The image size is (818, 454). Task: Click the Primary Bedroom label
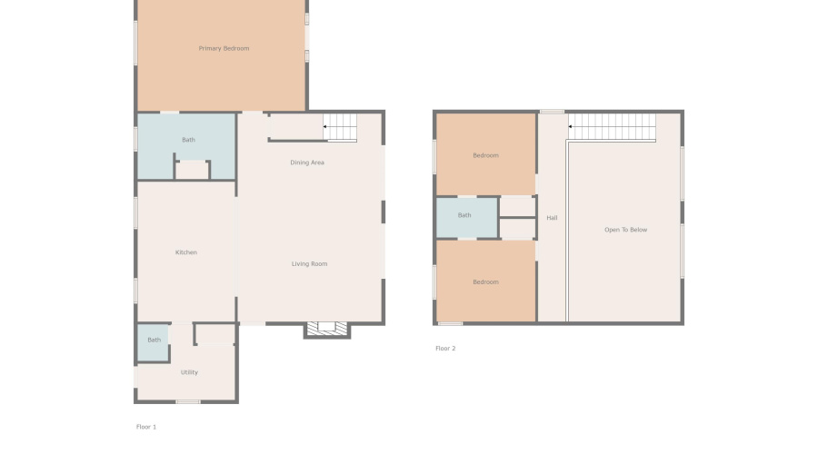click(x=224, y=48)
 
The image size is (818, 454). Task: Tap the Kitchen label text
click(x=185, y=252)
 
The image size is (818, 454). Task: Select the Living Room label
click(x=309, y=264)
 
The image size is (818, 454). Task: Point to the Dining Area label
click(x=307, y=163)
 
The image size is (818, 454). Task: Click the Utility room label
click(x=189, y=372)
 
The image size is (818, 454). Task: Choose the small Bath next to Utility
click(x=154, y=340)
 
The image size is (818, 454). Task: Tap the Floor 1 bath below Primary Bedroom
click(x=188, y=140)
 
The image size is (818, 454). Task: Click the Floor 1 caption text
click(x=146, y=427)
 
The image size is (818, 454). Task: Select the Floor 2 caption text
click(x=445, y=349)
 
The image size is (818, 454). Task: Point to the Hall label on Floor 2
click(x=552, y=218)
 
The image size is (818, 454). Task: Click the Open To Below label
click(x=625, y=230)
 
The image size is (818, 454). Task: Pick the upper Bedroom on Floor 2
click(x=485, y=155)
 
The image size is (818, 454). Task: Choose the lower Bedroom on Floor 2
click(x=485, y=281)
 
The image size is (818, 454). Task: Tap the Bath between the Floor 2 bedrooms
click(x=464, y=215)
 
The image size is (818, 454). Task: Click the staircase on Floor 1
click(x=342, y=127)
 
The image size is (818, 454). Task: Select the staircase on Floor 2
click(x=613, y=127)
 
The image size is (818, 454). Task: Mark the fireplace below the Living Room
click(x=326, y=329)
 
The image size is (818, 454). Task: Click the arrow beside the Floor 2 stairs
click(x=571, y=126)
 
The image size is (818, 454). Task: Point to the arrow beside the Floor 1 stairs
click(x=325, y=127)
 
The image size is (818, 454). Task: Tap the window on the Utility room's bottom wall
click(x=188, y=401)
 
